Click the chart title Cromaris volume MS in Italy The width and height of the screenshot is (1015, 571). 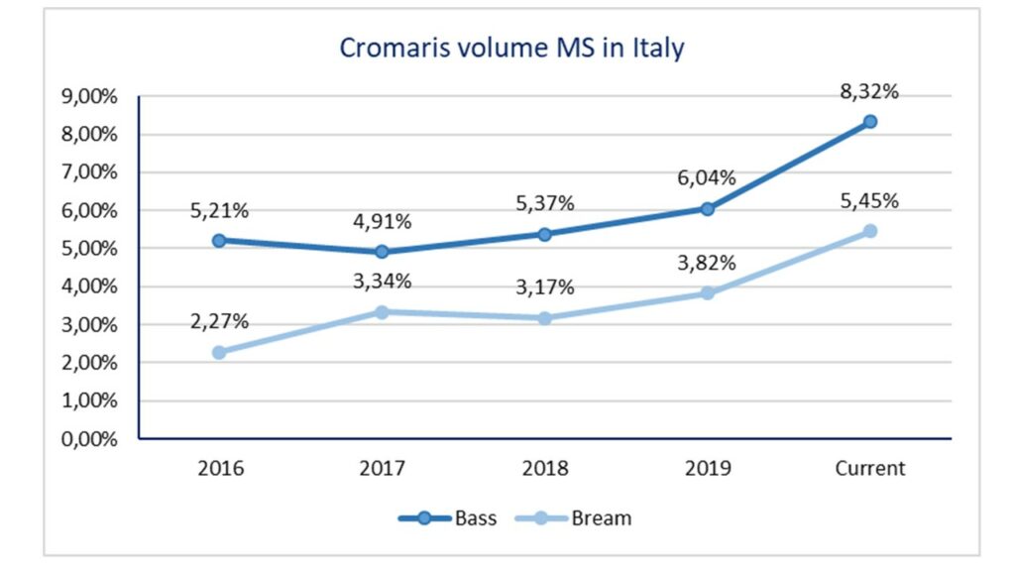(x=511, y=48)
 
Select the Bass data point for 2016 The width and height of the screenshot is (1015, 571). (x=219, y=240)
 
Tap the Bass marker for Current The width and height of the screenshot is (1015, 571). (x=870, y=121)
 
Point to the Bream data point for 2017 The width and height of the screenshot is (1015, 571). (x=382, y=311)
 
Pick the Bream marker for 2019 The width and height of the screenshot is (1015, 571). (x=708, y=293)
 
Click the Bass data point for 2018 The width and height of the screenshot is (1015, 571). (x=544, y=234)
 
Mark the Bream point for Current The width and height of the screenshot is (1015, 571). (x=870, y=231)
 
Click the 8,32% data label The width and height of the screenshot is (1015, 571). (x=870, y=92)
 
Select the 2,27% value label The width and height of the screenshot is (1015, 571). (x=219, y=321)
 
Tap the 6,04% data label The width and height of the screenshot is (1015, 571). (x=708, y=178)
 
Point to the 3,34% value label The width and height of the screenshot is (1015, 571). (x=382, y=281)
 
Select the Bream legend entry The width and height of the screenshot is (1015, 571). (x=585, y=517)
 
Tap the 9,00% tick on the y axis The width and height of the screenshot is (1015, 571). (x=89, y=97)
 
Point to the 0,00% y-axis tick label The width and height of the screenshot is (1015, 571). (x=89, y=439)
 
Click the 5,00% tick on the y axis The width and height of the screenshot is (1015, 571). (x=89, y=249)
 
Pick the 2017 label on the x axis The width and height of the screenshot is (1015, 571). (x=382, y=469)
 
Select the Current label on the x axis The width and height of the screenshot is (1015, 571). (x=870, y=469)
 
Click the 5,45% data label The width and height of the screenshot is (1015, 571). (x=870, y=201)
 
